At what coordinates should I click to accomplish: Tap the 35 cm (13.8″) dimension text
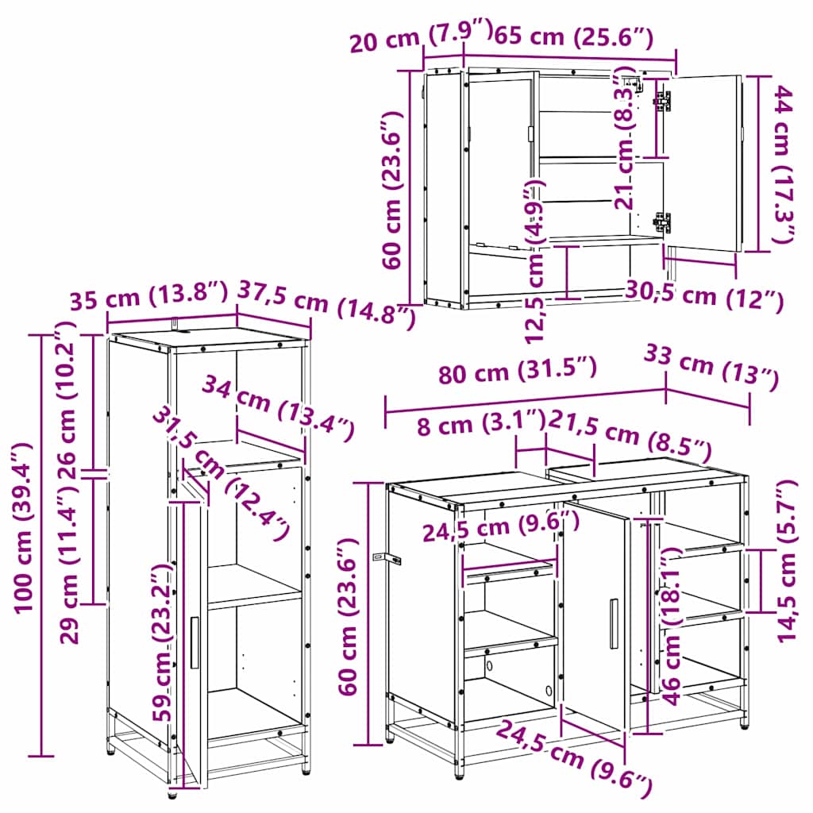click(148, 296)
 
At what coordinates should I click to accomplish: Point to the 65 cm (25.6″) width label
click(573, 36)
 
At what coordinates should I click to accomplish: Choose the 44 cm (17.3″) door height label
click(784, 164)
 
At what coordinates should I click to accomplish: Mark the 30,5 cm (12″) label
click(704, 295)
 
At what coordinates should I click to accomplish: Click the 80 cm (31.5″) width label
click(518, 370)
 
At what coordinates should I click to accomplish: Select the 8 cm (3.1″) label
click(481, 423)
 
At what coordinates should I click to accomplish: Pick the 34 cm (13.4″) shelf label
click(279, 407)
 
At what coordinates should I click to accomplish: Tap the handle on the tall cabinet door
click(195, 643)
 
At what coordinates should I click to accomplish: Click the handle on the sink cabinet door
click(614, 624)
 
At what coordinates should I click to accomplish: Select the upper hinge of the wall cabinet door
click(663, 101)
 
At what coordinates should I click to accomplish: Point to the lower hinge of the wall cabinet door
click(662, 222)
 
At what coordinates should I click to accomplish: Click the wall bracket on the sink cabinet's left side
click(387, 558)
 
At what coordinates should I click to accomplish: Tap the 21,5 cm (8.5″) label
click(630, 436)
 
